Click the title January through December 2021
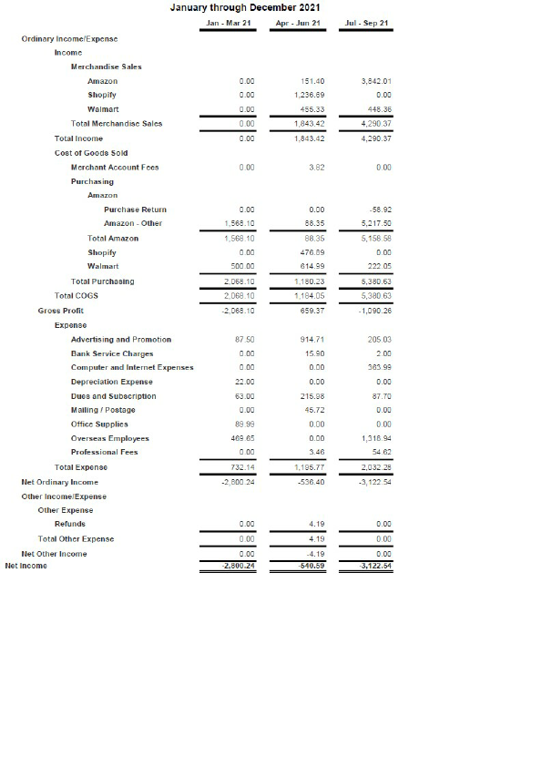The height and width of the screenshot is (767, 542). coord(245,7)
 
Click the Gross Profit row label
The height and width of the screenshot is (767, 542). coord(61,310)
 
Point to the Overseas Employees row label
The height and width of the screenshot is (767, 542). coord(109,438)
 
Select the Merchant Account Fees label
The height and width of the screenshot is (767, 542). coord(115,167)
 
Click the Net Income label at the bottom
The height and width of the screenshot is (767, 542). coord(26,566)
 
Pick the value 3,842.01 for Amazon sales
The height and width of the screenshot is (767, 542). coord(375,81)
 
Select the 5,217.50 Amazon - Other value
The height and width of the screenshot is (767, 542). coord(375,223)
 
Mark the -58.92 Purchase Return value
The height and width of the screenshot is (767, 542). coord(381,210)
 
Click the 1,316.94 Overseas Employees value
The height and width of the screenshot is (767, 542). coord(375,438)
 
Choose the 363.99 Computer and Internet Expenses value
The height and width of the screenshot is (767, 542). coord(379,367)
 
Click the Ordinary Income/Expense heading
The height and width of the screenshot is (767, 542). coord(69,39)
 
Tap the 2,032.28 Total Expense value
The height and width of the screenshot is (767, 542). coord(375,466)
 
